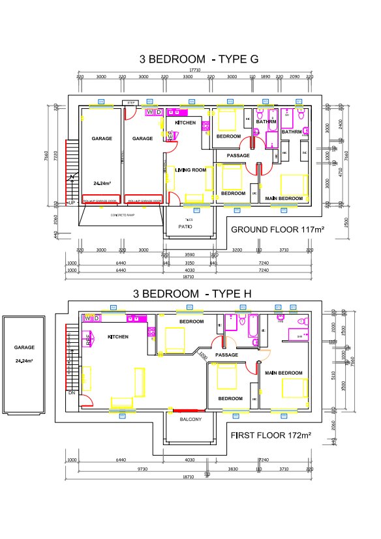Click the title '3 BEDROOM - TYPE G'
[x=199, y=59]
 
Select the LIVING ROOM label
[x=190, y=170]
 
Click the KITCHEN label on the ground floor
[x=185, y=123]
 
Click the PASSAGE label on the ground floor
[x=239, y=156]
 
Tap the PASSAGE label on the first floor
[x=226, y=355]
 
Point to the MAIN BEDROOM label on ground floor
[x=284, y=198]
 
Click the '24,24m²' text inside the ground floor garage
[x=102, y=183]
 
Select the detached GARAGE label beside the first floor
[x=25, y=347]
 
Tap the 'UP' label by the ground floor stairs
[x=71, y=203]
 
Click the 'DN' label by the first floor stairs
[x=71, y=393]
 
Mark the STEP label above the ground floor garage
[x=130, y=102]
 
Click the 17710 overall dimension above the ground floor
[x=195, y=69]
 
